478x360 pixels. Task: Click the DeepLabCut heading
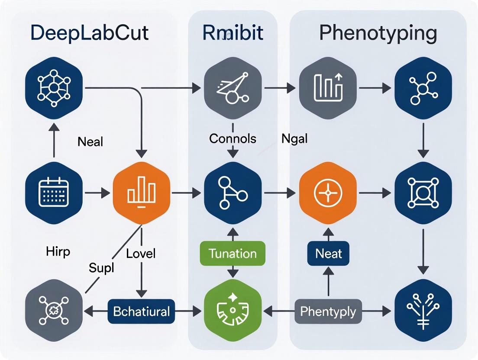[90, 33]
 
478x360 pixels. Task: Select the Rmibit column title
[233, 33]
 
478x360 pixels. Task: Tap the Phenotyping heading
[378, 33]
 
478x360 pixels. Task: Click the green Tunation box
[233, 253]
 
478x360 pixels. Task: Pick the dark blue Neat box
[329, 253]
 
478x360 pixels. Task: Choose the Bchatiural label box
[141, 311]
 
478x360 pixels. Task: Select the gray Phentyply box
[328, 311]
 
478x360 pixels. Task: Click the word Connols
[233, 138]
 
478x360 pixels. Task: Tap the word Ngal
[294, 139]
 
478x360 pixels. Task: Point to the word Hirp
[58, 251]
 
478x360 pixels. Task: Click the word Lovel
[141, 253]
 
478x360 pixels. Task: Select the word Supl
[101, 268]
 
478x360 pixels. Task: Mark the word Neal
[90, 141]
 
